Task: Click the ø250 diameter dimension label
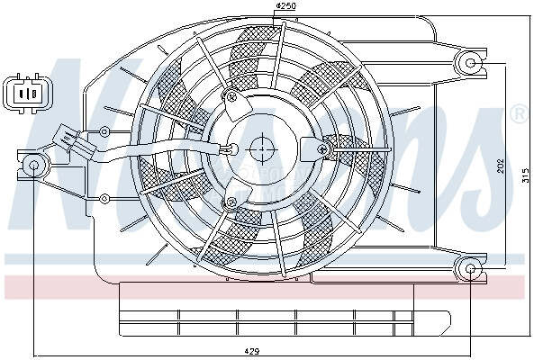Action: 285,8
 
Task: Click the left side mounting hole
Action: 34,166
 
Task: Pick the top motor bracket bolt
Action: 232,97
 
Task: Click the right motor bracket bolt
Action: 321,148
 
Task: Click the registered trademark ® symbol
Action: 519,114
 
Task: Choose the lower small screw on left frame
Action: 106,198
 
